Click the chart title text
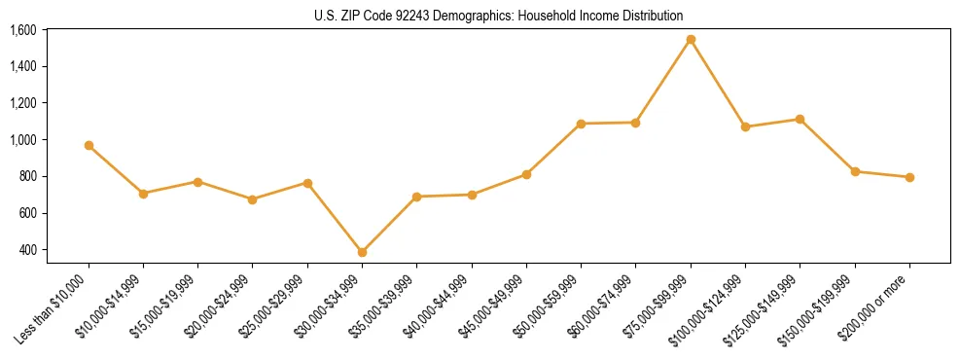pyautogui.click(x=499, y=16)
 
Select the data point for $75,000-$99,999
pyautogui.click(x=691, y=40)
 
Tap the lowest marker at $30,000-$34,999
pyautogui.click(x=362, y=252)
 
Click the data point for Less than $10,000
pyautogui.click(x=89, y=145)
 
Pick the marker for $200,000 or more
pyautogui.click(x=909, y=177)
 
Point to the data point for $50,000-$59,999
pyautogui.click(x=581, y=124)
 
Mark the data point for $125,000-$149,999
pyautogui.click(x=800, y=119)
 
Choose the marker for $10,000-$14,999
pyautogui.click(x=143, y=194)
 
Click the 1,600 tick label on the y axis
pyautogui.click(x=22, y=30)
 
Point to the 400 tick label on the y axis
pyautogui.click(x=27, y=250)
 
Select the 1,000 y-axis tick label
pyautogui.click(x=22, y=140)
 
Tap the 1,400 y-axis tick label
pyautogui.click(x=22, y=66)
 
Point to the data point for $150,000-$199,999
pyautogui.click(x=855, y=171)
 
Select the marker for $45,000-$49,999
pyautogui.click(x=526, y=174)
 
